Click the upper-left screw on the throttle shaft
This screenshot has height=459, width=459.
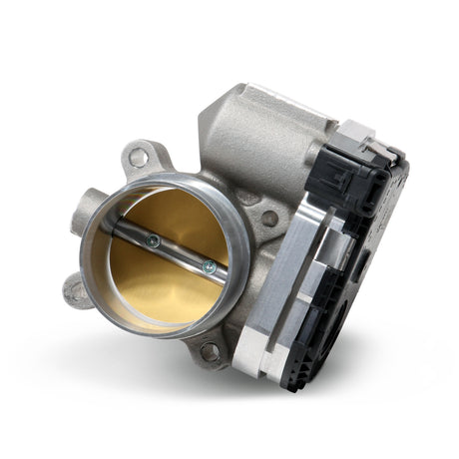click(x=152, y=239)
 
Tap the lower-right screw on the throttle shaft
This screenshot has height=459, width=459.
click(x=209, y=265)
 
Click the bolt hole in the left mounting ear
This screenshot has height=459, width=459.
click(x=76, y=291)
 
